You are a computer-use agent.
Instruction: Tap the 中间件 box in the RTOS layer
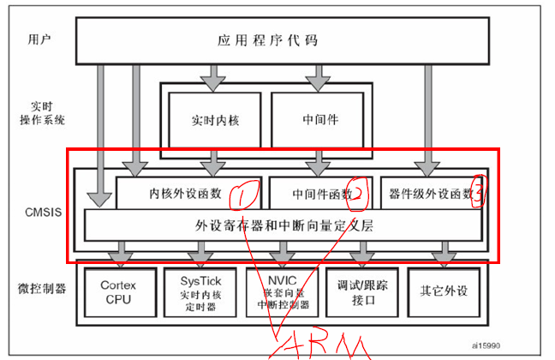click(x=320, y=119)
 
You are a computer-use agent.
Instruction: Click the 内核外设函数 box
click(x=187, y=194)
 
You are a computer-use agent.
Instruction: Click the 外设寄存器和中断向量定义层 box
click(x=283, y=226)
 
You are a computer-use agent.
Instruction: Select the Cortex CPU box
click(x=118, y=291)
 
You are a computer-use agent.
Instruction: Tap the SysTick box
click(x=202, y=291)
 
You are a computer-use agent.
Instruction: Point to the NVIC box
click(x=282, y=291)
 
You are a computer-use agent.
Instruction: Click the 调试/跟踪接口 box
click(x=362, y=291)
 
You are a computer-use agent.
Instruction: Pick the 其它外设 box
click(x=444, y=291)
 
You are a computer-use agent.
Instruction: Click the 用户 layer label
click(x=39, y=40)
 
